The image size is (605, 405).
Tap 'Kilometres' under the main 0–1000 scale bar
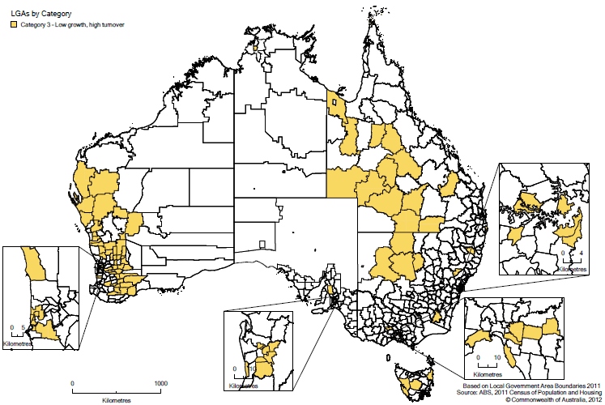tap(117, 400)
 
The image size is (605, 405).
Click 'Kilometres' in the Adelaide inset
tap(245, 386)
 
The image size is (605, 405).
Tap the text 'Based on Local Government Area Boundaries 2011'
tap(530, 385)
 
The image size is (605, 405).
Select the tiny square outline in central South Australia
tap(261, 244)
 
